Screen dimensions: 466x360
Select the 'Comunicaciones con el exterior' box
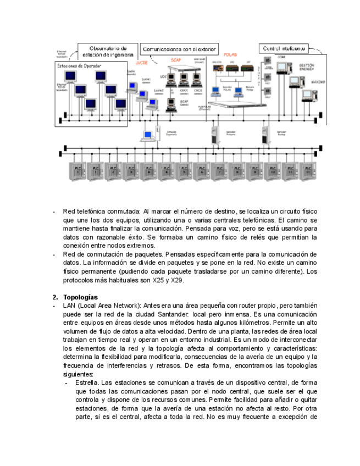[180, 48]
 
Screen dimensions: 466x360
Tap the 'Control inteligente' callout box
[284, 48]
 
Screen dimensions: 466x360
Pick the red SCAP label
[176, 59]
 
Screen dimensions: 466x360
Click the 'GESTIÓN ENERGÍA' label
[307, 67]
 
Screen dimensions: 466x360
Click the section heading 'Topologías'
[80, 297]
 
